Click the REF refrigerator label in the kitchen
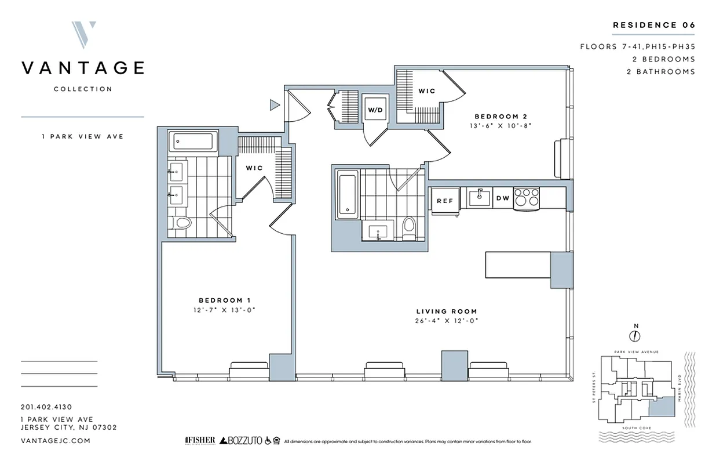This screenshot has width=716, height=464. point(444,201)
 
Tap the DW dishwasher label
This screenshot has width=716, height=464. point(503,198)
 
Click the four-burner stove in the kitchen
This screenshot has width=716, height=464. point(527,197)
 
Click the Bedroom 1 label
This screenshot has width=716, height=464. point(224,300)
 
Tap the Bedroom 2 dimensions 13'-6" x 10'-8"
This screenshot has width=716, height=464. point(501,125)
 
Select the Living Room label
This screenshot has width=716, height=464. point(448,311)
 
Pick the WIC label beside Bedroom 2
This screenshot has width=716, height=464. point(426,91)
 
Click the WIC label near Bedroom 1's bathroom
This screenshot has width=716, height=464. point(254,168)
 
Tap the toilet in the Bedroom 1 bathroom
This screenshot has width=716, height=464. point(183,223)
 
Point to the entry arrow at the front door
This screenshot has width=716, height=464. point(275,105)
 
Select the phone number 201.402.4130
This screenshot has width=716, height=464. point(46,407)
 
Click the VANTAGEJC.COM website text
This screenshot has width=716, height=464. point(55,441)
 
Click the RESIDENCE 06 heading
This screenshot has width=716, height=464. point(654,25)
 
